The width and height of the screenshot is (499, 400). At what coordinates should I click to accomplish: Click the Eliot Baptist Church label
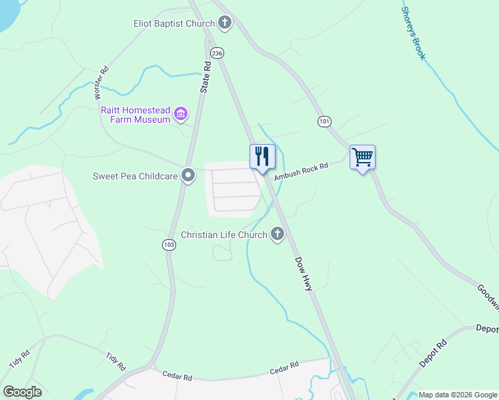[x=173, y=24]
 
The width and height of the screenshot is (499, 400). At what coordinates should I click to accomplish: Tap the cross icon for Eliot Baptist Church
[x=225, y=24]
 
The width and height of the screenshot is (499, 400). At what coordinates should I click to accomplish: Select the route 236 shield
[x=216, y=52]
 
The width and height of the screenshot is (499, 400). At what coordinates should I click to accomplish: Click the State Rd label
[x=206, y=77]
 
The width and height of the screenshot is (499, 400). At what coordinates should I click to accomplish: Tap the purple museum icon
[x=180, y=114]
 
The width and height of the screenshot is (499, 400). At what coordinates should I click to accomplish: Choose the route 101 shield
[x=324, y=121]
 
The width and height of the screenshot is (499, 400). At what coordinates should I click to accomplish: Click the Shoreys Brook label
[x=413, y=33]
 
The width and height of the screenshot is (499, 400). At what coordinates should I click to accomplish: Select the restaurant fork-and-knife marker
[x=262, y=157]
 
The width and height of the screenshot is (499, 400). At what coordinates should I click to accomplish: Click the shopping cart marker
[x=362, y=158]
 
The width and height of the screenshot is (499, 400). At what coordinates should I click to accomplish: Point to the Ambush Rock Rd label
[x=302, y=171]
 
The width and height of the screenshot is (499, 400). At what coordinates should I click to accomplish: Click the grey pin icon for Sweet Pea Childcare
[x=189, y=176]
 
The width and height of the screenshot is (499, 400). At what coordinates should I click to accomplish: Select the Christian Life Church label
[x=224, y=235]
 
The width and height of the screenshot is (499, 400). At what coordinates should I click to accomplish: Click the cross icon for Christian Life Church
[x=277, y=234]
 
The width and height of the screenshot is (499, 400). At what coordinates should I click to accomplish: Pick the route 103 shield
[x=169, y=245]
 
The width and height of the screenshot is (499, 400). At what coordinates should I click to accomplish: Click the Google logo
[x=22, y=391]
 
